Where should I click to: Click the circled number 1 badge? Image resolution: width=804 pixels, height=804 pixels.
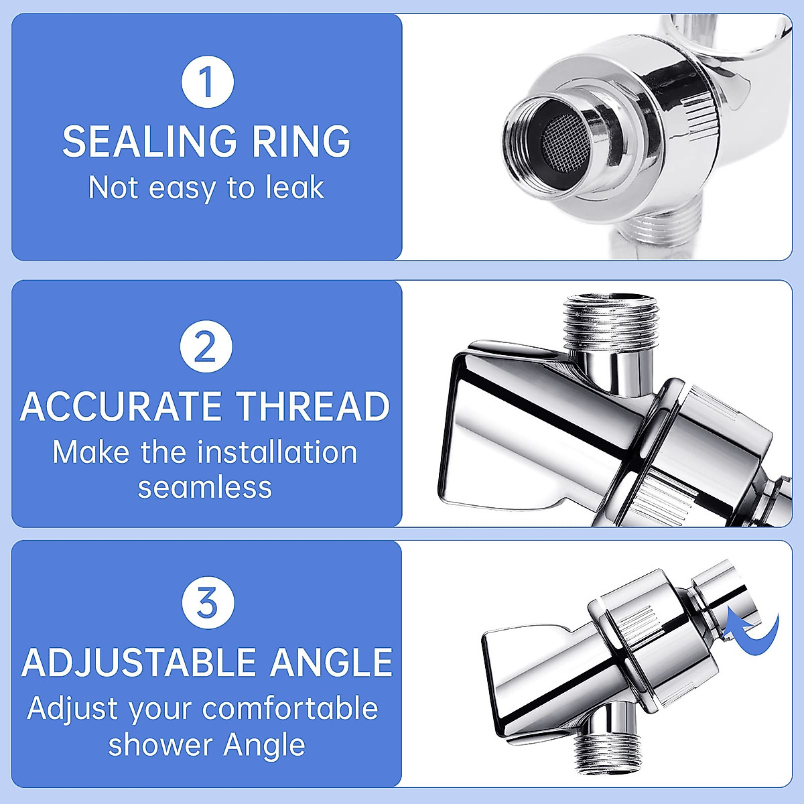point(207,82)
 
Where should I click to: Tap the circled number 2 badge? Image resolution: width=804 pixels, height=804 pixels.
point(206,347)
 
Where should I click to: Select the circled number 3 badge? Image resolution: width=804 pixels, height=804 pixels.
point(208,602)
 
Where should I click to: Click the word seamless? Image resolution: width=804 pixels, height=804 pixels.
point(205,487)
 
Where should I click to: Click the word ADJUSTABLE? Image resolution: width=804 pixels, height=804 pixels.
point(139,663)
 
